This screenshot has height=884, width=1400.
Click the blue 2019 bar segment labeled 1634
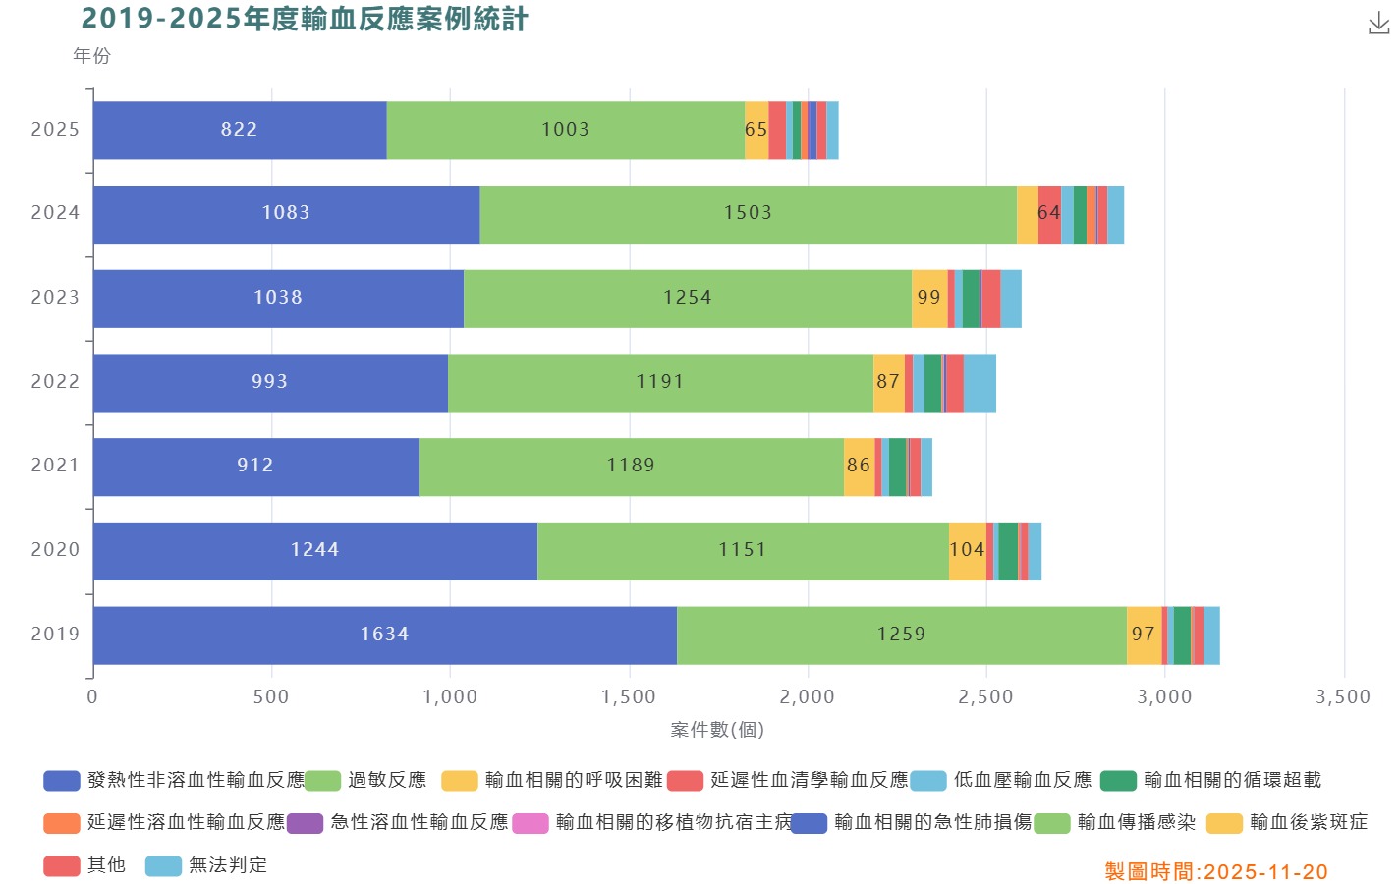click(x=384, y=635)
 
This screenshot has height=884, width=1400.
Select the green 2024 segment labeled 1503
click(x=748, y=213)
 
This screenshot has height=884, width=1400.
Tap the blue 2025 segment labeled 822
click(x=239, y=130)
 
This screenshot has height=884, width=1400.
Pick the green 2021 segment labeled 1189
click(x=631, y=466)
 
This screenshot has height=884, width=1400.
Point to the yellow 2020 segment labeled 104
click(x=967, y=550)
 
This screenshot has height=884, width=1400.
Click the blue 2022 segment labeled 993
click(x=269, y=382)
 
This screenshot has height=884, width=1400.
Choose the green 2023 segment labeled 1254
click(x=687, y=298)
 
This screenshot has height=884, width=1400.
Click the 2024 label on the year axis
click(x=55, y=213)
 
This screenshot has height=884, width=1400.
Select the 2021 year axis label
click(x=55, y=466)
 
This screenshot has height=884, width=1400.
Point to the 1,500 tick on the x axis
click(x=629, y=697)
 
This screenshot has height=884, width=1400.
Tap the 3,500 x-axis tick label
click(x=1343, y=697)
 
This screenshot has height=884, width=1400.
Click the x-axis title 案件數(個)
click(x=717, y=730)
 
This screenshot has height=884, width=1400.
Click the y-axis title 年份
click(x=91, y=56)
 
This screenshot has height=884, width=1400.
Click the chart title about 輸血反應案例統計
click(x=305, y=19)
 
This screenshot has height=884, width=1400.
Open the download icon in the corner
click(x=1378, y=25)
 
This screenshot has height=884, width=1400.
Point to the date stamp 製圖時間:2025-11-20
click(x=1216, y=872)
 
